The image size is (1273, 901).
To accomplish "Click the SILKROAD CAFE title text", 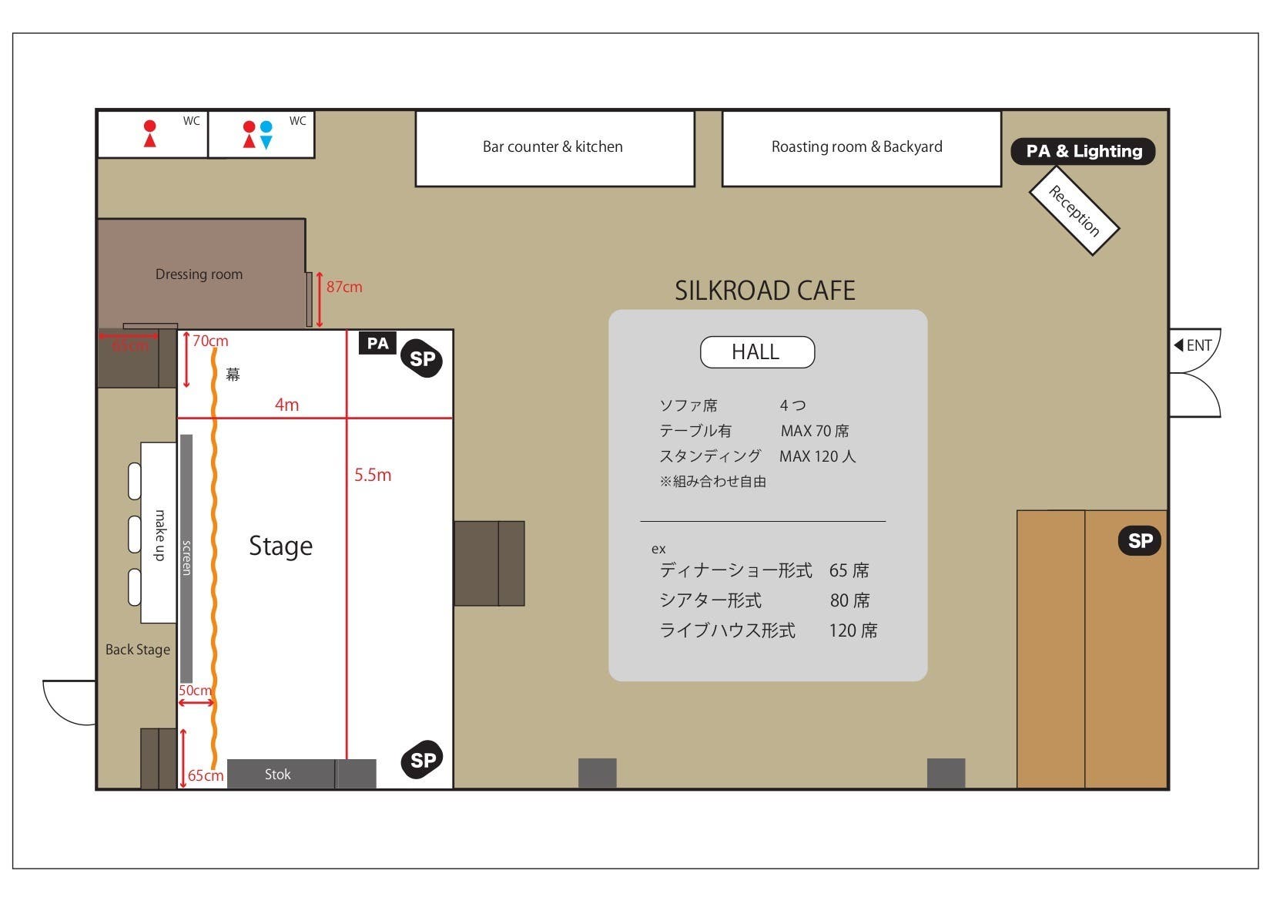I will [765, 291].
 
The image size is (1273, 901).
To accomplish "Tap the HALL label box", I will [757, 352].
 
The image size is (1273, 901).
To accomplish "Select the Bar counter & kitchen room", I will [554, 148].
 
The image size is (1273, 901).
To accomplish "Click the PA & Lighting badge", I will [1083, 151].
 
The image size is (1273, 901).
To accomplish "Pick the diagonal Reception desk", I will [1074, 210].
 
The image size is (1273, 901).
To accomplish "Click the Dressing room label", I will [199, 274].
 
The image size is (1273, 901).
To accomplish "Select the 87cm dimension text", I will [344, 287].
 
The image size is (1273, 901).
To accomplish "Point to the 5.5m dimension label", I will [373, 475].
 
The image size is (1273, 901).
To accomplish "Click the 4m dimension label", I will [287, 405].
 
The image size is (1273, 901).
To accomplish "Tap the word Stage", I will [280, 546].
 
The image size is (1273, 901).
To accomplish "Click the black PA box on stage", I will [377, 343].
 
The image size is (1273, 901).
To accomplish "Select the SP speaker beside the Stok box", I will [422, 760].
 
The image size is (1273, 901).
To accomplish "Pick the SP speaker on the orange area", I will [1140, 541].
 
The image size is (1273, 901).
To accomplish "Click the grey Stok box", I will [279, 774].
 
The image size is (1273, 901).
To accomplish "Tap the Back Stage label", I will [138, 650].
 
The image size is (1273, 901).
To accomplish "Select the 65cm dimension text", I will [206, 775].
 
